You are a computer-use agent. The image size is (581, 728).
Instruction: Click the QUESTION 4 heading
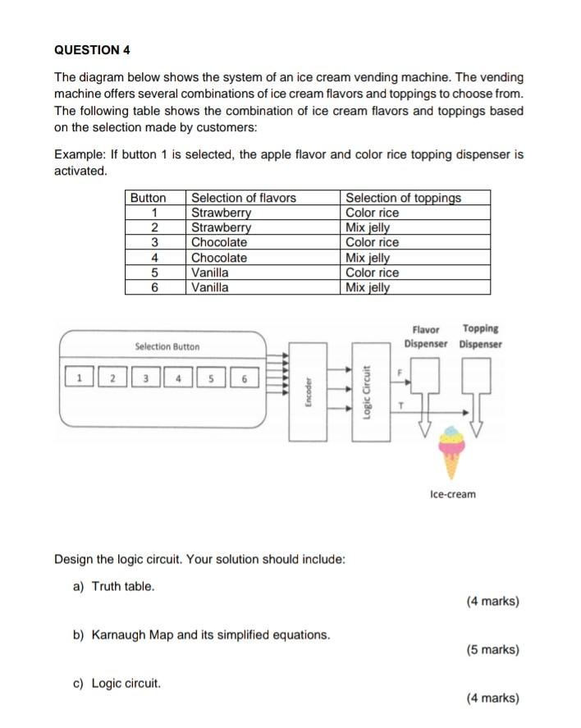[x=92, y=49]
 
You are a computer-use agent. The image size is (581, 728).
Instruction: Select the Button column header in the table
[x=149, y=198]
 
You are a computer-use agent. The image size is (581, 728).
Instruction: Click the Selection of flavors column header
[x=243, y=198]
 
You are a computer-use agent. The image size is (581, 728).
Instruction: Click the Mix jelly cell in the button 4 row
[x=368, y=258]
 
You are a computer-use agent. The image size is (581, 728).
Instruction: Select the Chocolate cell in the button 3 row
[x=218, y=242]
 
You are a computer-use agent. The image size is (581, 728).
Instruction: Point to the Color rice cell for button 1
[x=372, y=213]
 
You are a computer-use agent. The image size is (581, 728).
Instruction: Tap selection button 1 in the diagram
[x=79, y=378]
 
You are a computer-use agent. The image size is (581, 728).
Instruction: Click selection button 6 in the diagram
[x=244, y=378]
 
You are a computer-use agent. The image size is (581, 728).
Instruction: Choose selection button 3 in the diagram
[x=145, y=378]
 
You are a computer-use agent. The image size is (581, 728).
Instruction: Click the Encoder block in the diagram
[x=306, y=387]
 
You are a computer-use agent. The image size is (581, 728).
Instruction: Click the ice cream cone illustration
[x=451, y=452]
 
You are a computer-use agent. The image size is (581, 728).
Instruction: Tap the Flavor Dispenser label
[x=426, y=336]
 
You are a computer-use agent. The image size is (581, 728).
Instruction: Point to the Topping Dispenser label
[x=481, y=336]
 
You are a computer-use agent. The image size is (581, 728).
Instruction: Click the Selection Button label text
[x=167, y=347]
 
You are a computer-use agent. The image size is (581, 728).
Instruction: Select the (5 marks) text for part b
[x=492, y=650]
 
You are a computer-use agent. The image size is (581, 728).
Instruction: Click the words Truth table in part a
[x=122, y=586]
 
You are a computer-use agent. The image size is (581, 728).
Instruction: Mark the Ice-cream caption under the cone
[x=452, y=494]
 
